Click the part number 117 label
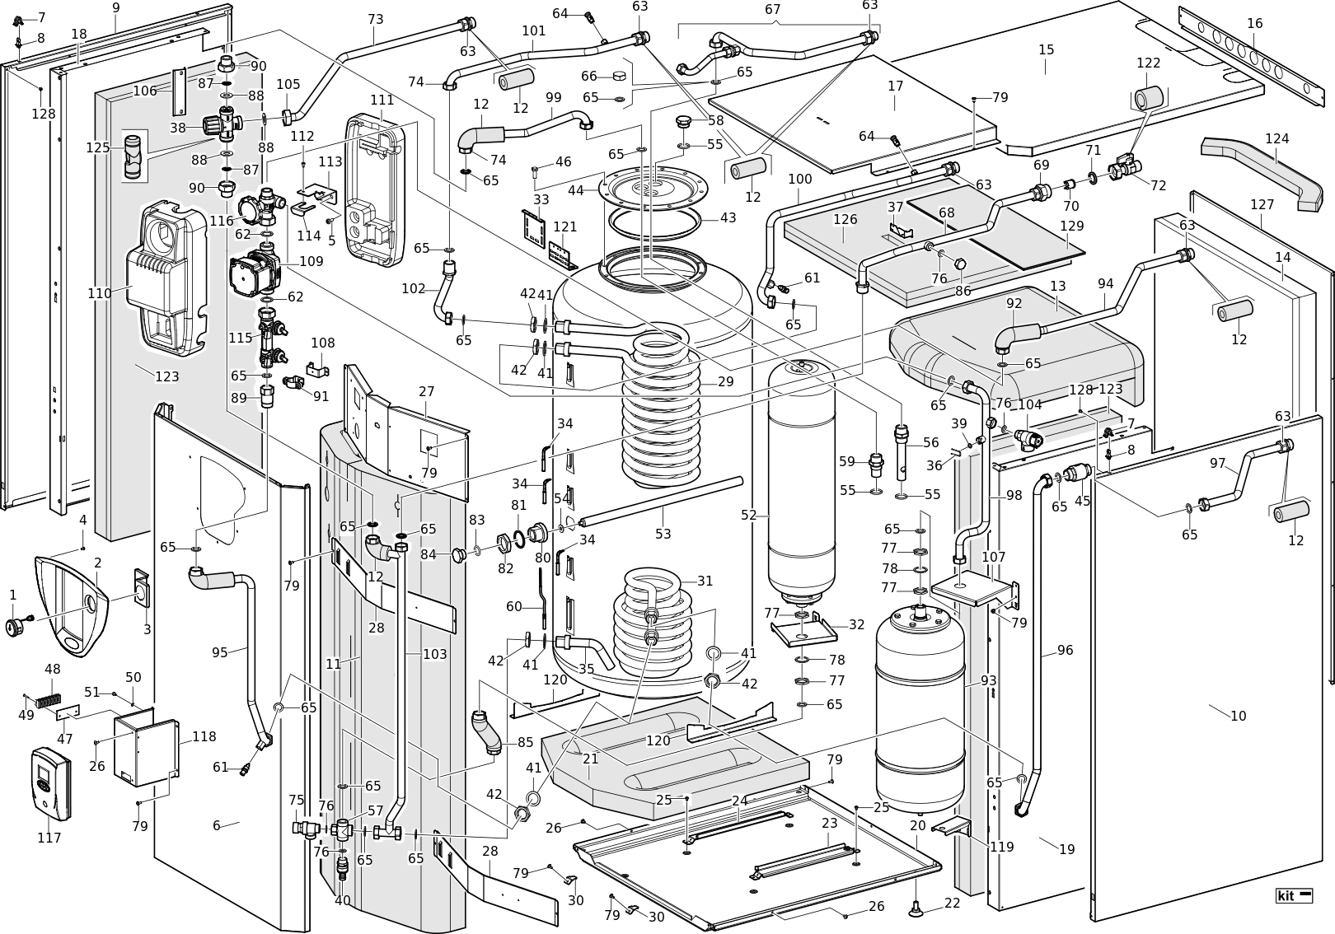(49, 838)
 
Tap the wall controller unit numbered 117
(51, 783)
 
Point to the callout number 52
(748, 515)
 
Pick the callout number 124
(1277, 138)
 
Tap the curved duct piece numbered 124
(1261, 171)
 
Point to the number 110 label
(100, 293)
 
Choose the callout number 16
(1254, 23)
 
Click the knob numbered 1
(15, 628)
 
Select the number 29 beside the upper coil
(725, 381)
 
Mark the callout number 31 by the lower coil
(705, 580)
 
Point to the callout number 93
(988, 680)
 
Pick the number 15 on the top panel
(1046, 49)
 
